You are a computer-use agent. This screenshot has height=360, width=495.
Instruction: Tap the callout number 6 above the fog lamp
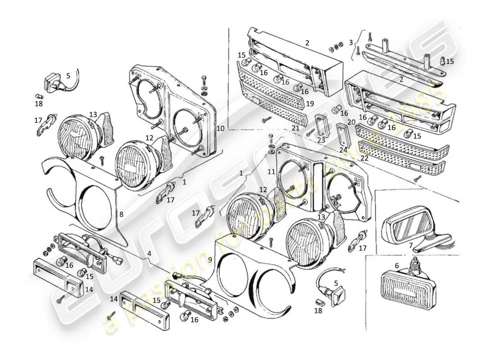396,266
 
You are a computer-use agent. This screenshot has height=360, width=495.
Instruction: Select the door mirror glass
410,225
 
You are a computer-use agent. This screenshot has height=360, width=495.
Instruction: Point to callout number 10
220,128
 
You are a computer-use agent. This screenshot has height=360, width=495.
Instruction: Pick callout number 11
271,171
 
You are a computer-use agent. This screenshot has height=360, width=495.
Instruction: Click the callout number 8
121,214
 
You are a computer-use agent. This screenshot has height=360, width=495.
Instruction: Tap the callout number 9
209,259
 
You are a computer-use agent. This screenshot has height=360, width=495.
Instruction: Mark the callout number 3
351,43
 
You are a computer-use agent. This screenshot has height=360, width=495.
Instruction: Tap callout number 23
321,139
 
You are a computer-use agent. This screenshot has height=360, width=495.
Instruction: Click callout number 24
343,150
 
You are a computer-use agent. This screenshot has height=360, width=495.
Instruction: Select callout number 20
351,122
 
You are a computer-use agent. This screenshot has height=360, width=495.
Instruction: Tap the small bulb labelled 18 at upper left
39,95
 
